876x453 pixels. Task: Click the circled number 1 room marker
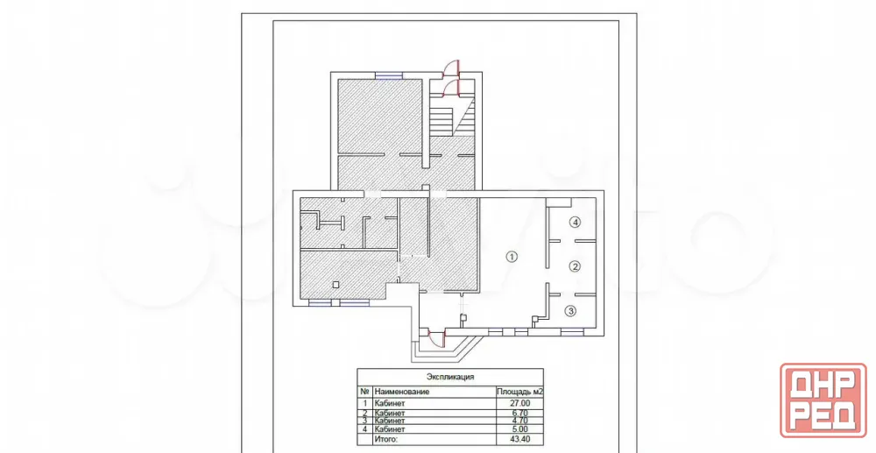pos(512,257)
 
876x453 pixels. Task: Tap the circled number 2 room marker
pos(575,266)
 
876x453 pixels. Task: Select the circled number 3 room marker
pos(570,311)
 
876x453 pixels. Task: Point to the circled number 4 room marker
pos(575,223)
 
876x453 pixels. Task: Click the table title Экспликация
pos(450,377)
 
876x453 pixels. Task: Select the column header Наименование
pos(402,392)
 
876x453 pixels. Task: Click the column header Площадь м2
pos(520,392)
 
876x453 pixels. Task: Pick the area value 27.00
pos(520,403)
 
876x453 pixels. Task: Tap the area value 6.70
pos(520,414)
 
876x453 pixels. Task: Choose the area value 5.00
pos(520,429)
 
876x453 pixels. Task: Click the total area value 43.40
pos(520,440)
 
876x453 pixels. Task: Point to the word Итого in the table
pos(386,440)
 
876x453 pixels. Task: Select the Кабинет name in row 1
pos(390,403)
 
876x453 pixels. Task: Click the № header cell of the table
pos(364,392)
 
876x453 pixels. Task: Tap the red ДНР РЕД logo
pos(823,400)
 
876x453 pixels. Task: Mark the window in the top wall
pos(389,75)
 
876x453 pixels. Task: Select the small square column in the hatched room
pos(336,285)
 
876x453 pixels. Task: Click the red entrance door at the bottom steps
pos(435,338)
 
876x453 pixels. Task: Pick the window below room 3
pos(572,332)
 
